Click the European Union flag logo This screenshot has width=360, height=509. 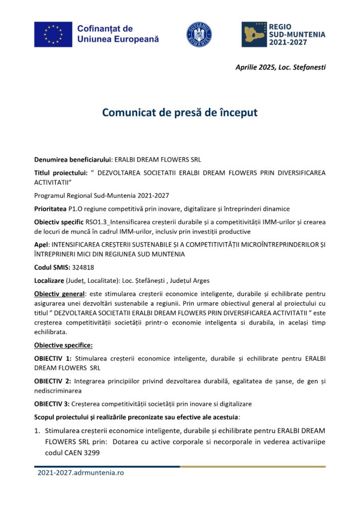coord(53,34)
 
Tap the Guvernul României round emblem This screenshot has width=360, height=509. coord(199,34)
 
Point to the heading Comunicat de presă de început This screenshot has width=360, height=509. coord(180,112)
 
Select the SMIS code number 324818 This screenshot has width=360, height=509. coord(84,267)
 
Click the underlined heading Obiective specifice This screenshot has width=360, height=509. coord(63,345)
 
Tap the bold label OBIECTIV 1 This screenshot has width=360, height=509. coord(53,358)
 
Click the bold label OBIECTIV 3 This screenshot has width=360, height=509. coord(53,404)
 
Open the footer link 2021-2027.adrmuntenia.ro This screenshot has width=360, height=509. coord(81,473)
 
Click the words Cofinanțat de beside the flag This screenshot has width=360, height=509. coord(105,29)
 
